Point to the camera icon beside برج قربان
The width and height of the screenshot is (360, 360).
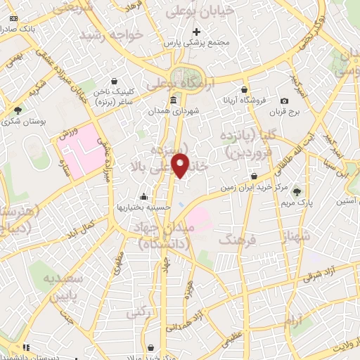coord(284,101)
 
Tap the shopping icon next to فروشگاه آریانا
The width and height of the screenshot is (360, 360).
coord(244,89)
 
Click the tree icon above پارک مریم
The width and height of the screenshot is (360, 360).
coord(297,191)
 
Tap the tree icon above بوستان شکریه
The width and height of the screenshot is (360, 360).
coord(18,110)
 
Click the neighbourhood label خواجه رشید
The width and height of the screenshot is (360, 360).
coord(111,34)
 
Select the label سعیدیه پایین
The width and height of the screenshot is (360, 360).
coord(67,286)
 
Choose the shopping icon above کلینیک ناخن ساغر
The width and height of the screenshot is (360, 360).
coord(114,81)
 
